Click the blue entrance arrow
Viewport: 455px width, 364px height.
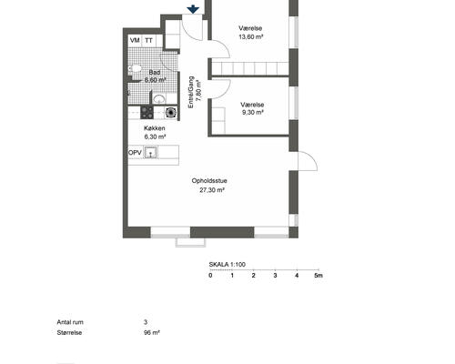193,10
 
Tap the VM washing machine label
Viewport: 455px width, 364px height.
135,40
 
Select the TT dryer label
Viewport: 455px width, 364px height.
148,40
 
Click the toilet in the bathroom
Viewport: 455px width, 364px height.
135,68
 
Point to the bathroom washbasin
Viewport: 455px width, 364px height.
158,98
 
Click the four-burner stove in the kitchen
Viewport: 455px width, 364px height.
147,113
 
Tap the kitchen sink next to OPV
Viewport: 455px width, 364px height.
150,152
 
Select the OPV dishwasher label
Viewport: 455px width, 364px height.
135,153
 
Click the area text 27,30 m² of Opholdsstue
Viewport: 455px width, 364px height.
212,190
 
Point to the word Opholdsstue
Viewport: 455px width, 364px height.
209,181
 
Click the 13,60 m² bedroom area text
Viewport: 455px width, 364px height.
250,37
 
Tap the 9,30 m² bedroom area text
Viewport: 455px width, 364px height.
252,113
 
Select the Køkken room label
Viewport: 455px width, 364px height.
155,128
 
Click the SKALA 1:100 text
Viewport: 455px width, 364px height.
227,265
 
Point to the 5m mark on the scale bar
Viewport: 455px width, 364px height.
318,276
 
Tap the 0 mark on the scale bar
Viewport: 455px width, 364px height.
210,276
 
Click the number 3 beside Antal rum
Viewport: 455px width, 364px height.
146,322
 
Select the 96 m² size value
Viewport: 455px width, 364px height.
152,332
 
